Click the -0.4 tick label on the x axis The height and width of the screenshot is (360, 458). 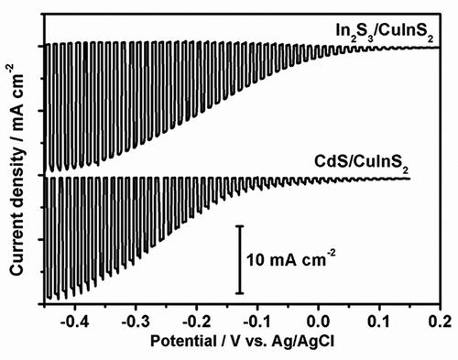tap(74, 322)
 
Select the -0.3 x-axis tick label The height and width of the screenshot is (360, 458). tap(136, 322)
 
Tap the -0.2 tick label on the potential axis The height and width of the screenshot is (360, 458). tap(196, 322)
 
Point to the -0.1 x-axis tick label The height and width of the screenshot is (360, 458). tap(257, 322)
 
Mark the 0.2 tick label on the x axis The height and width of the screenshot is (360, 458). tap(441, 322)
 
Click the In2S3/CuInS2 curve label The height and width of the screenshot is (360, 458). tap(385, 32)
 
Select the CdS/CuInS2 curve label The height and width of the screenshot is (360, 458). tap(362, 163)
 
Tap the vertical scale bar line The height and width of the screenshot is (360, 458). tap(240, 260)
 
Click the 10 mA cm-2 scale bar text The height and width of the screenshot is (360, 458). tap(290, 259)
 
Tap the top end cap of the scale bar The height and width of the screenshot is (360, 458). tap(240, 226)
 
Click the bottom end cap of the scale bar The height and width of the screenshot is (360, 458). tap(240, 293)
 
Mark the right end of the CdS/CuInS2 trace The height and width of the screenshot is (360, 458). tap(409, 179)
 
